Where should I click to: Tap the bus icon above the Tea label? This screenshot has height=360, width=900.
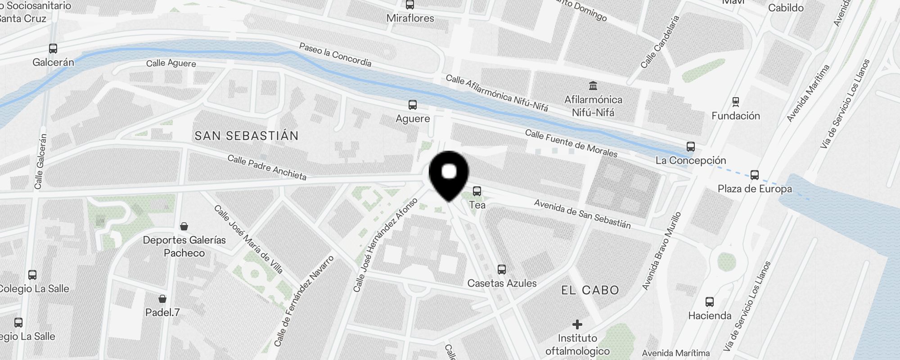pyautogui.click(x=477, y=191)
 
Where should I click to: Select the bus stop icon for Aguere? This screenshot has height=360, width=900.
pyautogui.click(x=413, y=105)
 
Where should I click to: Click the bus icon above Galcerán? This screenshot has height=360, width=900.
pyautogui.click(x=53, y=49)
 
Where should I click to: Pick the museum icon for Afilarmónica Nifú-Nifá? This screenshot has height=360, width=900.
pyautogui.click(x=593, y=85)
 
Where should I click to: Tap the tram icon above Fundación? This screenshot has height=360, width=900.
pyautogui.click(x=736, y=102)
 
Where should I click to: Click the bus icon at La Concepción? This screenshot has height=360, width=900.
pyautogui.click(x=691, y=147)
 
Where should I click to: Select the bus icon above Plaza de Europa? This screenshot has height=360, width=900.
pyautogui.click(x=755, y=175)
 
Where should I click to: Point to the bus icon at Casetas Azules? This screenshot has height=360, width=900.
pyautogui.click(x=502, y=270)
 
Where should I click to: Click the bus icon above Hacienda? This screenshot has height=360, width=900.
pyautogui.click(x=710, y=302)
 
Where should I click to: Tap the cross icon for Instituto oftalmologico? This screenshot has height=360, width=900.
pyautogui.click(x=577, y=324)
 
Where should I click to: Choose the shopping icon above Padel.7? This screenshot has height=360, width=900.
pyautogui.click(x=162, y=299)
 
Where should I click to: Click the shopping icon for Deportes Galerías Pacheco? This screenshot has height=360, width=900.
pyautogui.click(x=184, y=226)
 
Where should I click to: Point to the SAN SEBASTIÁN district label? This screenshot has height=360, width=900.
pyautogui.click(x=246, y=136)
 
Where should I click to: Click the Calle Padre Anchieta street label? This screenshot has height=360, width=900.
pyautogui.click(x=267, y=167)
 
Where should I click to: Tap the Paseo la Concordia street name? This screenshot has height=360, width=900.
pyautogui.click(x=335, y=54)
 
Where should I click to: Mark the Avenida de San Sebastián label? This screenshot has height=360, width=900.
pyautogui.click(x=582, y=214)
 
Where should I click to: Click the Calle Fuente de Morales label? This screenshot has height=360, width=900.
pyautogui.click(x=571, y=143)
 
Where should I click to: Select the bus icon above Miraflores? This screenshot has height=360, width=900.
pyautogui.click(x=410, y=5)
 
